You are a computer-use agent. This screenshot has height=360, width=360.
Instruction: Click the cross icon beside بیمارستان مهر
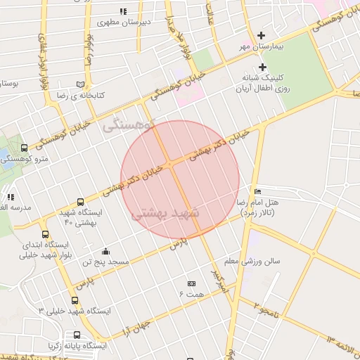click(262, 35)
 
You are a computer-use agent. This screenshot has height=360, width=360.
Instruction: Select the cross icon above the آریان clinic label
click(262, 67)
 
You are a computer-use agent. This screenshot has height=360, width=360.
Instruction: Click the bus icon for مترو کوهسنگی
click(25, 148)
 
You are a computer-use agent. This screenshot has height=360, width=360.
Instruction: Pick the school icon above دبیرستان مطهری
click(124, 11)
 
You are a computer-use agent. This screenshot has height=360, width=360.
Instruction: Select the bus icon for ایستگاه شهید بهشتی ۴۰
click(80, 201)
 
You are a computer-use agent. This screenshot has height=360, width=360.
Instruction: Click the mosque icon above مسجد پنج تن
click(105, 251)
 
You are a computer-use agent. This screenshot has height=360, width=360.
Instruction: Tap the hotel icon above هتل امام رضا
click(257, 191)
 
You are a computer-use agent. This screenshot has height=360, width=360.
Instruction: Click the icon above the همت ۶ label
click(191, 283)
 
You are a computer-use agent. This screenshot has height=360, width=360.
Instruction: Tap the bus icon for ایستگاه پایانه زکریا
click(76, 335)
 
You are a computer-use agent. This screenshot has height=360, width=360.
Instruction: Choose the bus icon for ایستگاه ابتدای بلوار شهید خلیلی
click(46, 235)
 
